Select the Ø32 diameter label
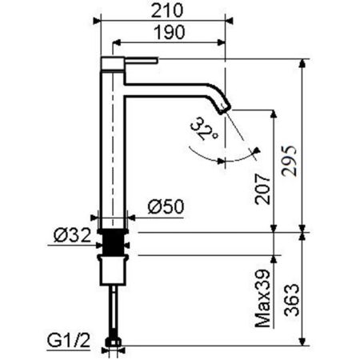71,235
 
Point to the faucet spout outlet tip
226,106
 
